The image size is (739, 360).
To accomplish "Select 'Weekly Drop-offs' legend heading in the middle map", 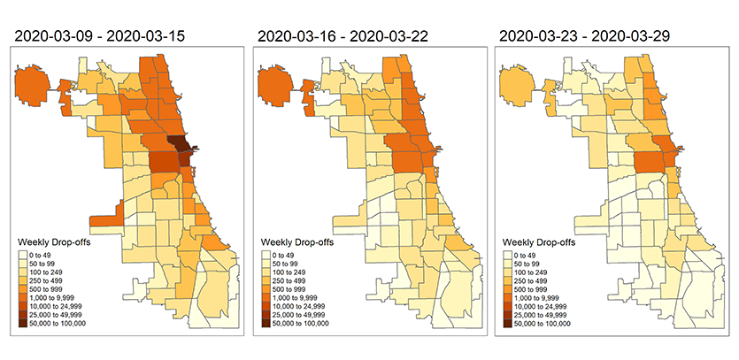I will pyautogui.click(x=296, y=241).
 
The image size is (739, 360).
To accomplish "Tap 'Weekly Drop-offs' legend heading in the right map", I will pyautogui.click(x=539, y=241).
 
